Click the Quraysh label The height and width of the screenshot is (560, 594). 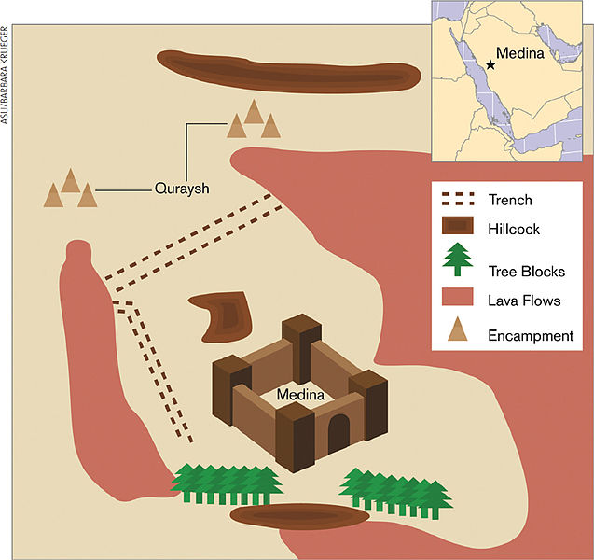pyautogui.click(x=181, y=189)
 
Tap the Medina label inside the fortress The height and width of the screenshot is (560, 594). pyautogui.click(x=300, y=396)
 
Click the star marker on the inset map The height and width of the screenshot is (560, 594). pyautogui.click(x=490, y=65)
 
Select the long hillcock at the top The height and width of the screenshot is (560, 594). pyautogui.click(x=287, y=70)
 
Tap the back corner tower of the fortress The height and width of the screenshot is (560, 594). pyautogui.click(x=301, y=341)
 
